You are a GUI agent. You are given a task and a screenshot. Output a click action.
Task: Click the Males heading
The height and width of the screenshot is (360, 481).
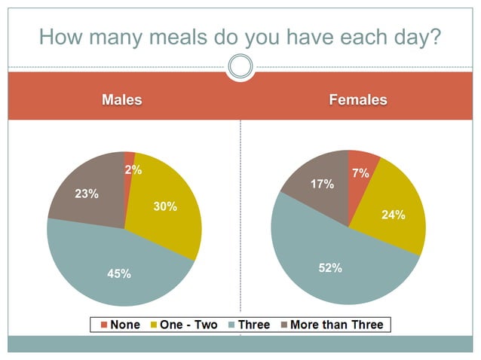pyautogui.click(x=122, y=99)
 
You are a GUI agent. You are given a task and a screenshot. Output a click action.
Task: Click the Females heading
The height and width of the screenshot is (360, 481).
pyautogui.click(x=358, y=99)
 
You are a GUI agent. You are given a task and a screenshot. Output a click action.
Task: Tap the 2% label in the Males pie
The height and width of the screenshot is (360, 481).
pyautogui.click(x=133, y=170)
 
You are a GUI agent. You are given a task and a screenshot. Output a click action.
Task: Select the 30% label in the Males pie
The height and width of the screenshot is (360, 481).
pyautogui.click(x=165, y=206)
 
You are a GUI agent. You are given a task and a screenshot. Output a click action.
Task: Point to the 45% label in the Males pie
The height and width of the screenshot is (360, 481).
pyautogui.click(x=118, y=274)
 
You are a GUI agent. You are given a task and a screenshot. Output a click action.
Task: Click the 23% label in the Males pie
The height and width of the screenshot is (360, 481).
pyautogui.click(x=87, y=194)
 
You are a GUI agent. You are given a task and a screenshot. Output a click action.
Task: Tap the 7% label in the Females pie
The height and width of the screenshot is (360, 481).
pyautogui.click(x=360, y=173)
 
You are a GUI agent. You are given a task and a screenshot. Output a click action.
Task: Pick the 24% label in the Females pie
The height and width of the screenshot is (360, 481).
pyautogui.click(x=393, y=215)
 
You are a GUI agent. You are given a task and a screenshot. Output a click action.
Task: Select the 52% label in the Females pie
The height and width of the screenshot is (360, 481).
pyautogui.click(x=330, y=267)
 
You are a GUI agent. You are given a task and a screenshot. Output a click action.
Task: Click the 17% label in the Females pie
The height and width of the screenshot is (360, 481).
pyautogui.click(x=323, y=184)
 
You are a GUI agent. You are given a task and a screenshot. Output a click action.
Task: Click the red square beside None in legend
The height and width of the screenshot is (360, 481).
pyautogui.click(x=104, y=325)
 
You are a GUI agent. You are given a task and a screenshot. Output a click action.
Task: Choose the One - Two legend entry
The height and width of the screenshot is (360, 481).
pyautogui.click(x=185, y=325)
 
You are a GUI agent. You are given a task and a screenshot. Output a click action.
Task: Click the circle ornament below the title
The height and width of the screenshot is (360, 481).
pyautogui.click(x=240, y=68)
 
